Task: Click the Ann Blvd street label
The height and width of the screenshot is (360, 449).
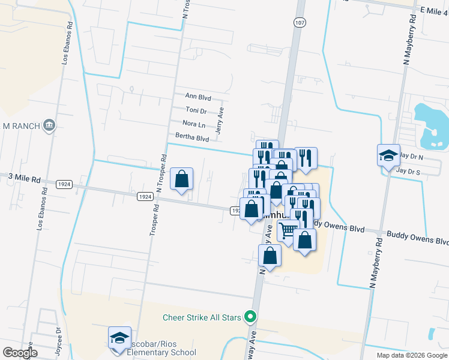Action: pos(198,97)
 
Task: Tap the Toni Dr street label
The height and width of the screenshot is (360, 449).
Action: pos(196,110)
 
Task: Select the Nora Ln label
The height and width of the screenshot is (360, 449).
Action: pos(193,124)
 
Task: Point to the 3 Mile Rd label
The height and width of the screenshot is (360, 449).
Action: pos(24,179)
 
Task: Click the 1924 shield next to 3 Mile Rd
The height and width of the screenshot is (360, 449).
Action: pos(64,184)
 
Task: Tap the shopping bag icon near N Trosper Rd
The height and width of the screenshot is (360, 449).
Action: pos(181,179)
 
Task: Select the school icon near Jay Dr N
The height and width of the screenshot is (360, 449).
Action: pos(388,155)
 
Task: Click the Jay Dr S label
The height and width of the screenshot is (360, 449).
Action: pos(410,171)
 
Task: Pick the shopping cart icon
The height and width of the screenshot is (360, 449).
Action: pos(288,230)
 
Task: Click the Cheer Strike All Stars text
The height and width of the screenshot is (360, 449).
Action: pos(202,317)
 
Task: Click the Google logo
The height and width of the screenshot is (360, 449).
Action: pos(20,353)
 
